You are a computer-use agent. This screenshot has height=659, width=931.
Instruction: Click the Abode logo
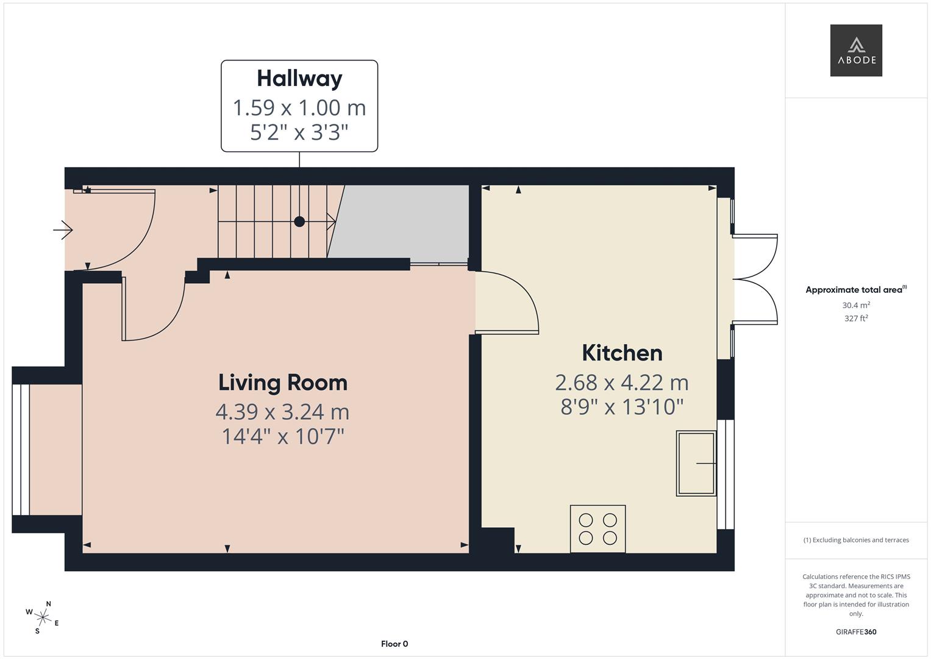tap(856, 51)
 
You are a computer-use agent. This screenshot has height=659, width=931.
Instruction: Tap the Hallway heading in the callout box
tap(299, 79)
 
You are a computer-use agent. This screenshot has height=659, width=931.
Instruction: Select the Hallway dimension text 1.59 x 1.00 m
tap(299, 108)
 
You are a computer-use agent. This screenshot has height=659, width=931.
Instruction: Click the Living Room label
tap(283, 383)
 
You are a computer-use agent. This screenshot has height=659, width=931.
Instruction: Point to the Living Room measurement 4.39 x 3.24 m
tap(282, 412)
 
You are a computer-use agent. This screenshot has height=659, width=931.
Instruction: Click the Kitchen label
tap(622, 353)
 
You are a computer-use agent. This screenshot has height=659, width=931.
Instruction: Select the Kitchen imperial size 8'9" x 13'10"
tap(622, 407)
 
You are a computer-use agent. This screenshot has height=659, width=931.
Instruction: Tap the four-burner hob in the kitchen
tap(597, 529)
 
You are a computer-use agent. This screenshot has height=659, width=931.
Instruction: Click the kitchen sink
tap(696, 463)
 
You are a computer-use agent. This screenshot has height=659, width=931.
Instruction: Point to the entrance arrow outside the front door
tap(63, 230)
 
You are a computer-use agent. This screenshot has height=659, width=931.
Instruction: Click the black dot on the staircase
tap(299, 221)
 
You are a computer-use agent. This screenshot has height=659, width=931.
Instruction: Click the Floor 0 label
tap(394, 644)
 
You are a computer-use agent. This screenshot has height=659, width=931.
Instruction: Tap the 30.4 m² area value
tap(856, 305)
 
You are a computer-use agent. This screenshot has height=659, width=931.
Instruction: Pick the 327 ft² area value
tap(856, 319)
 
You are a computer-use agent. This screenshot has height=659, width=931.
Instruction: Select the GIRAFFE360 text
tap(856, 632)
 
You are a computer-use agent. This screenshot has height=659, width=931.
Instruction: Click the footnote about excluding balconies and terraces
tap(856, 540)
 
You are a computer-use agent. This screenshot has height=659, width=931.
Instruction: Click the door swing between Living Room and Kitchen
tap(509, 302)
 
